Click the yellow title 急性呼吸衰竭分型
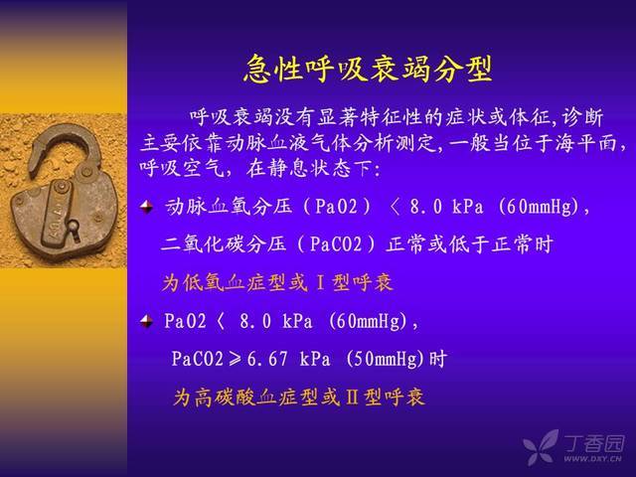[x=369, y=69]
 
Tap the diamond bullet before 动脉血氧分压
[x=146, y=207]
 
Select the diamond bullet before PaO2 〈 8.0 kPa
[x=146, y=321]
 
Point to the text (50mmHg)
[x=386, y=360]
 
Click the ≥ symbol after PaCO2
[x=235, y=360]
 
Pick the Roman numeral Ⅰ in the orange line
[x=320, y=282]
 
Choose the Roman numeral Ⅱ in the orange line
[x=352, y=397]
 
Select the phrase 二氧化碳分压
[x=224, y=244]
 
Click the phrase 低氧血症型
[x=236, y=282]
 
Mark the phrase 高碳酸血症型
[x=256, y=397]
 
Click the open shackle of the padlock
[x=65, y=148]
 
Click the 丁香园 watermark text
[x=594, y=443]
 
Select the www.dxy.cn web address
[x=592, y=459]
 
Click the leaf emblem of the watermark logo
[x=541, y=447]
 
